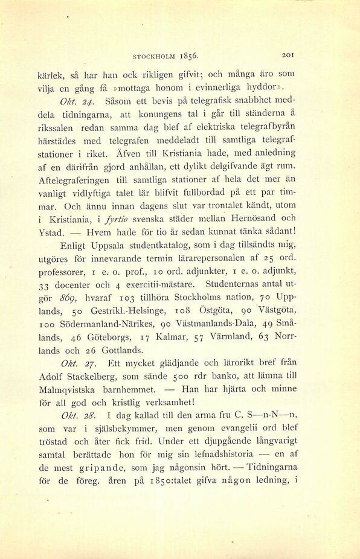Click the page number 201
tap(288, 55)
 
